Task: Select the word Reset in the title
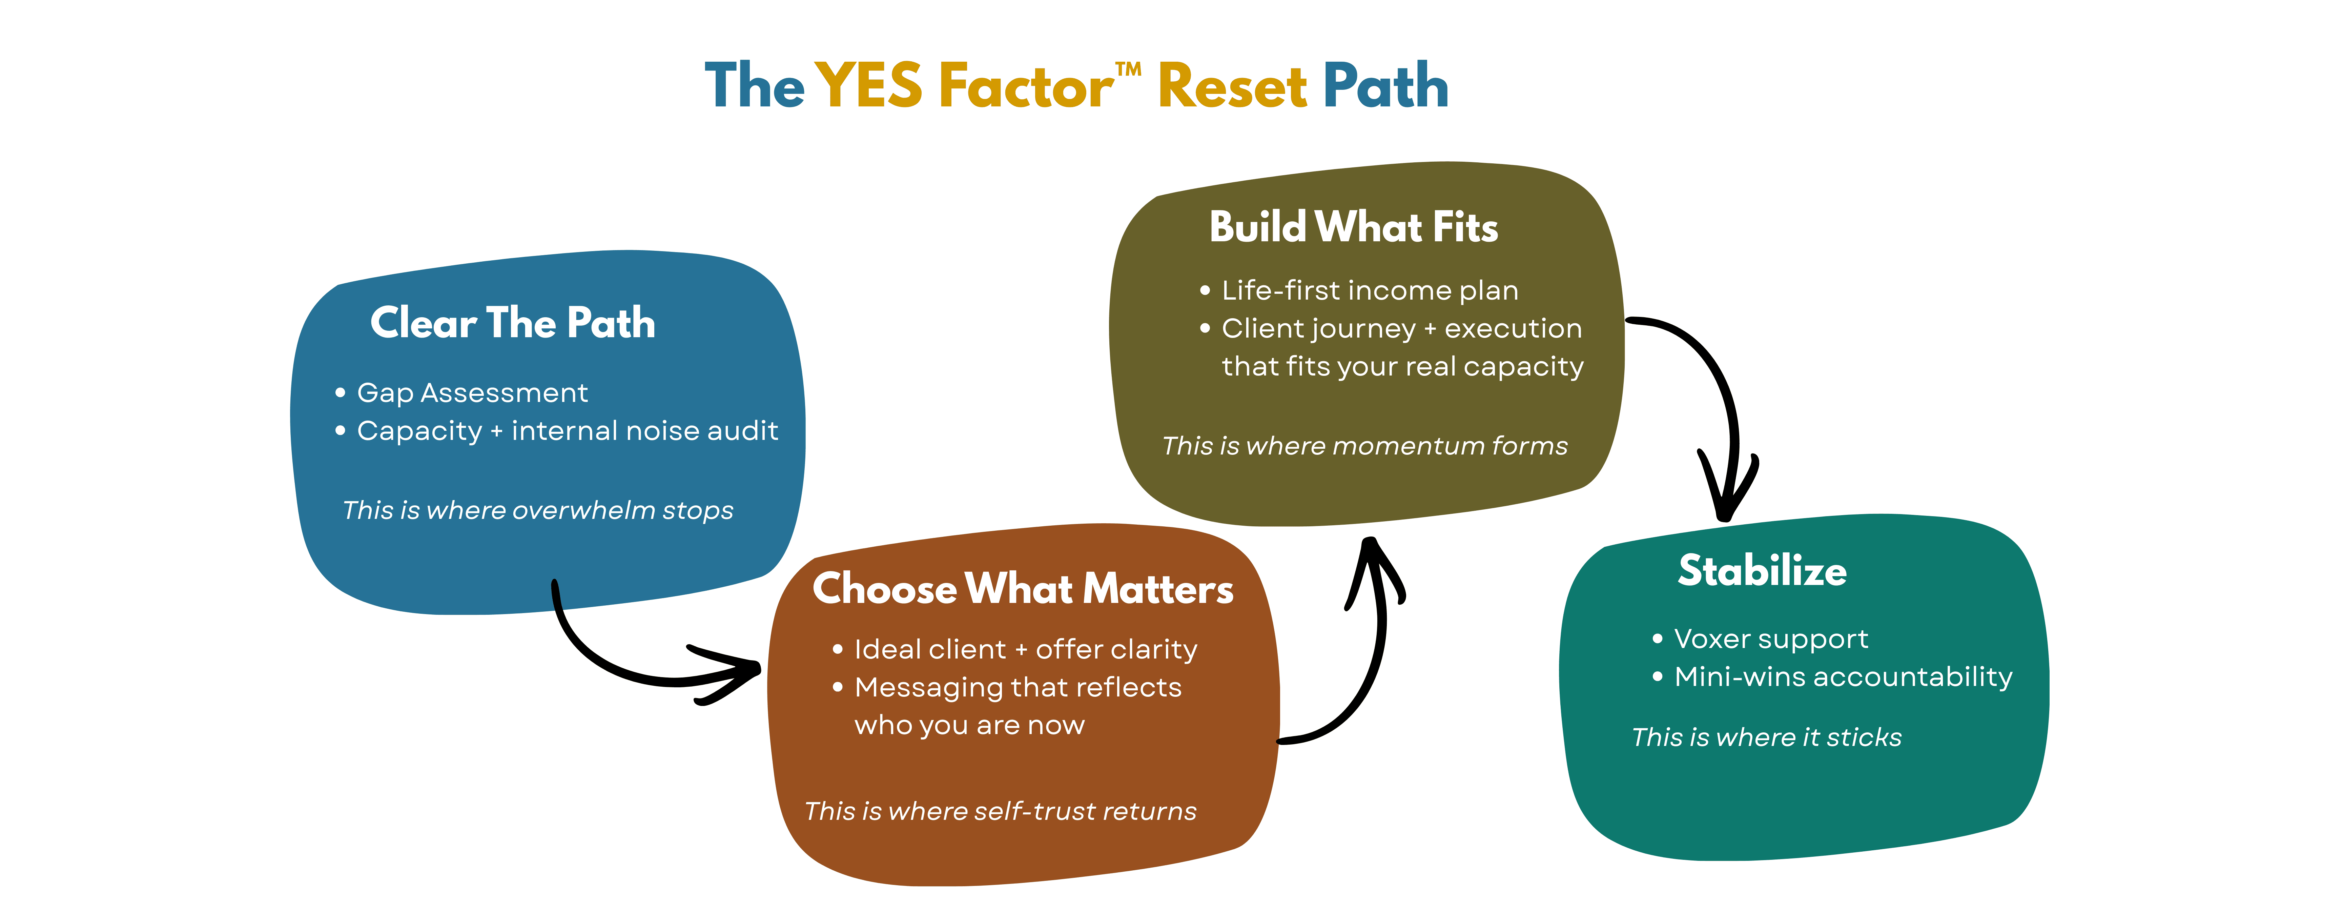tap(1232, 86)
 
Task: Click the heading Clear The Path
tap(513, 323)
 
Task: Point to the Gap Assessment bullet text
tap(472, 393)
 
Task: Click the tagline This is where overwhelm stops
tap(537, 510)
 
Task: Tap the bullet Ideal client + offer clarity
tap(1026, 649)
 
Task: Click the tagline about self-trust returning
tap(1000, 811)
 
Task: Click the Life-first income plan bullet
tap(1369, 290)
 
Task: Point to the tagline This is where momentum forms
tap(1365, 445)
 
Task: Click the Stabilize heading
tap(1762, 570)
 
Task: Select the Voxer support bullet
tap(1770, 638)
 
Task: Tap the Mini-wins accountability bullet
tap(1843, 676)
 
